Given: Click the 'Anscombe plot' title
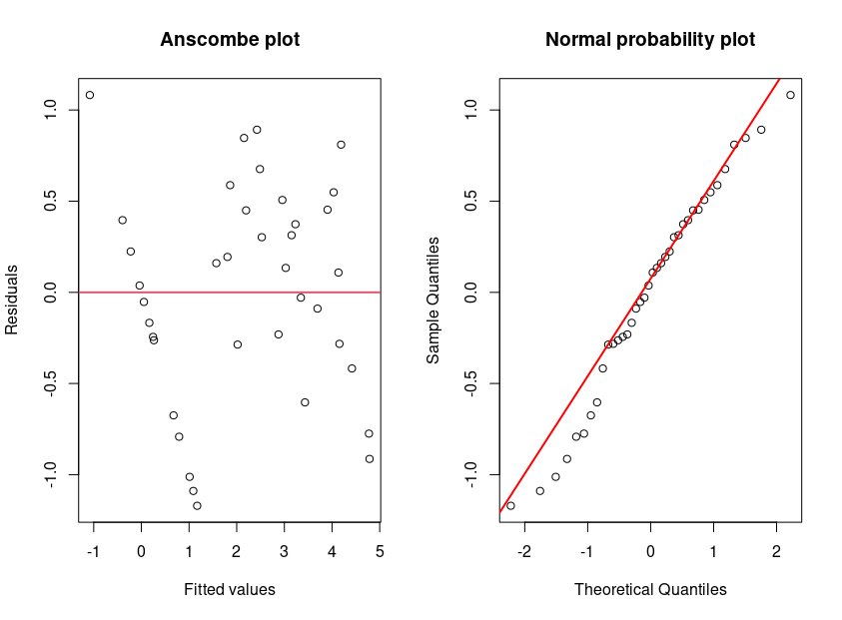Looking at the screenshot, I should (x=230, y=40).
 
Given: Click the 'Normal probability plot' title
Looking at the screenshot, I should (x=650, y=40).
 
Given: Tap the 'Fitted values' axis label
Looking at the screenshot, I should (x=230, y=589).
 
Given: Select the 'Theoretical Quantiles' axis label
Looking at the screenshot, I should (x=650, y=589).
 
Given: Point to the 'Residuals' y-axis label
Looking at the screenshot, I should (x=13, y=300).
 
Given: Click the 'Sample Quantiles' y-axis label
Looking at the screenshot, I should (x=433, y=300).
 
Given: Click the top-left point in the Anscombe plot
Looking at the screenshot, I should (x=90, y=95).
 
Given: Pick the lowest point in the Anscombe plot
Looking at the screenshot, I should (x=197, y=506).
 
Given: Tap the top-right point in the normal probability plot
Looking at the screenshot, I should (x=790, y=95).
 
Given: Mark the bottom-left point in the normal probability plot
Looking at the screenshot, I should (x=510, y=506).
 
